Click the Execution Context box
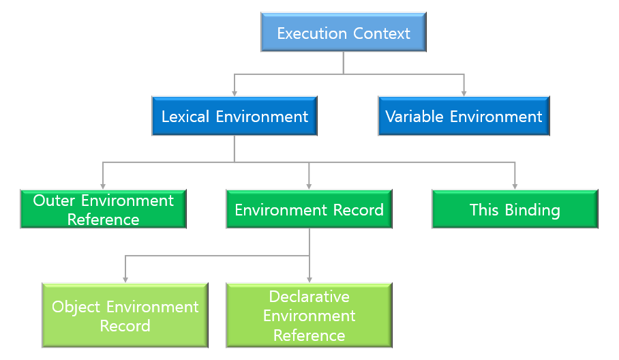pyautogui.click(x=344, y=33)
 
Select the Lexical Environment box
pyautogui.click(x=235, y=117)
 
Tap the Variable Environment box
pyautogui.click(x=464, y=117)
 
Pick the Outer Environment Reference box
pyautogui.click(x=103, y=209)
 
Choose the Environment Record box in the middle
pyautogui.click(x=309, y=209)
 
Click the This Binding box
pyautogui.click(x=515, y=209)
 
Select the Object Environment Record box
pyautogui.click(x=125, y=316)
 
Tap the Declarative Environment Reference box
pyautogui.click(x=309, y=316)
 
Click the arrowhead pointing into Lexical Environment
pyautogui.click(x=235, y=92)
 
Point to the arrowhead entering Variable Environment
pyautogui.click(x=464, y=92)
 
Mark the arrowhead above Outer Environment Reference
pyautogui.click(x=103, y=185)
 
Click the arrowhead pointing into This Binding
pyautogui.click(x=515, y=185)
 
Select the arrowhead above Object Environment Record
pyautogui.click(x=125, y=278)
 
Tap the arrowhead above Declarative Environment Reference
pyautogui.click(x=309, y=278)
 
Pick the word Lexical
pyautogui.click(x=186, y=117)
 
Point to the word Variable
pyautogui.click(x=413, y=117)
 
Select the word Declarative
pyautogui.click(x=309, y=297)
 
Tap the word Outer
pyautogui.click(x=55, y=200)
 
